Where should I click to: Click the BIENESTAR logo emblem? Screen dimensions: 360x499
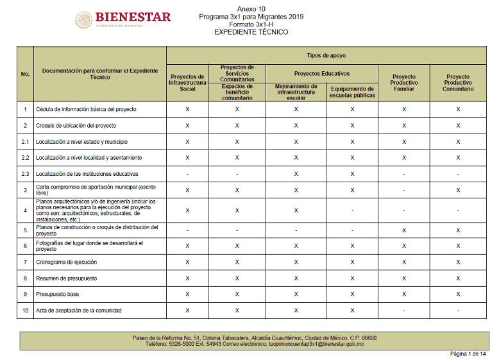pos(83,19)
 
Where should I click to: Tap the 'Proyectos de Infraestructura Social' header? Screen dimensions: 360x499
pos(187,83)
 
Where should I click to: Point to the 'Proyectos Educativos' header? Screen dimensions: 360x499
pos(322,73)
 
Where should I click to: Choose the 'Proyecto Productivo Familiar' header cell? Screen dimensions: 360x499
pos(404,83)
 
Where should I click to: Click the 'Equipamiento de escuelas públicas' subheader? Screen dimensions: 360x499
pos(352,92)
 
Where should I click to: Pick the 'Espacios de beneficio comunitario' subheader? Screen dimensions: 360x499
pos(237,92)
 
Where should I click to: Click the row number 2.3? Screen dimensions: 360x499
pos(26,174)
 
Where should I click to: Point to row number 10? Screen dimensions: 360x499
pos(26,311)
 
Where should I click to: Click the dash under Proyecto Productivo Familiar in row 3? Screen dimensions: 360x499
pos(404,191)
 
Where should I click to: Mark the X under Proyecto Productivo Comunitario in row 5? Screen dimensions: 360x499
pos(458,230)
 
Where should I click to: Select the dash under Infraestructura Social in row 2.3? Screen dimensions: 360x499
pos(187,174)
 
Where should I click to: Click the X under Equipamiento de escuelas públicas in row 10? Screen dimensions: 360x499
pos(352,311)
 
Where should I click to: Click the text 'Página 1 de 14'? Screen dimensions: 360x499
pos(468,354)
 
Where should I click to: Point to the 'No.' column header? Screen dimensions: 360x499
pos(26,74)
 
